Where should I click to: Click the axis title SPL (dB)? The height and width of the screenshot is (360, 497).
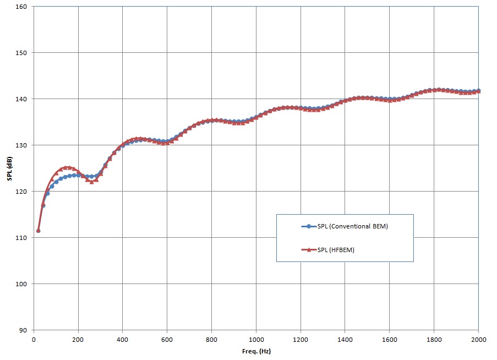(9, 168)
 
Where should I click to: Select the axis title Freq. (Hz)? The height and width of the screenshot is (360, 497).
(256, 351)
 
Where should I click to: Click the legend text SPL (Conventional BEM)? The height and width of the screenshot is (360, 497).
(353, 227)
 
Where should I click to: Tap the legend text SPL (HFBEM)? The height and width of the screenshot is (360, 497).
(336, 249)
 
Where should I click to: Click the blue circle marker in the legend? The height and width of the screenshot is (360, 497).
(309, 227)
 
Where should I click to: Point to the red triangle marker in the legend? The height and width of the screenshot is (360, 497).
(309, 249)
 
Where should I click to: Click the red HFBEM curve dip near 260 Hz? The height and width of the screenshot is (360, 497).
(91, 182)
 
